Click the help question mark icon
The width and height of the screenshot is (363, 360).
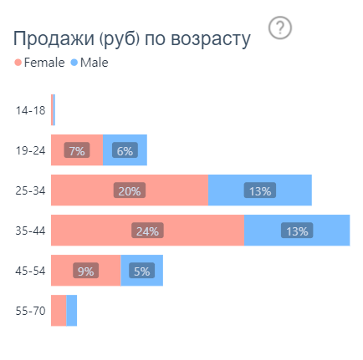click(x=281, y=28)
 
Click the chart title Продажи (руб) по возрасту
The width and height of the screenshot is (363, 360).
click(x=131, y=39)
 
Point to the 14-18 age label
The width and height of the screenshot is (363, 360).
click(x=30, y=110)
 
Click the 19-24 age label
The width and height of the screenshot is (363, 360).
click(x=30, y=150)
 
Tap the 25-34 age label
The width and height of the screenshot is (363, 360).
click(x=30, y=190)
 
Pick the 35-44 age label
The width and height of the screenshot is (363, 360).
click(x=30, y=231)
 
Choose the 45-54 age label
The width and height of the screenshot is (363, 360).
click(x=30, y=271)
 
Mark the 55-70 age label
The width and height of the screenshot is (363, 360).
click(x=30, y=311)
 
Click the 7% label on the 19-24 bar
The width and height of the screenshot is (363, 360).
click(x=77, y=151)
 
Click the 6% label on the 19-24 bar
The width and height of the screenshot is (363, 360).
click(x=125, y=151)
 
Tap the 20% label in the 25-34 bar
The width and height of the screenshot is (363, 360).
click(x=130, y=191)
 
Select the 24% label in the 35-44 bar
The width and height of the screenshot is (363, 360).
click(x=147, y=231)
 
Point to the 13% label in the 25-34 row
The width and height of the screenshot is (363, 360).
click(x=259, y=191)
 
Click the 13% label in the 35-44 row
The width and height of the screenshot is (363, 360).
click(x=296, y=231)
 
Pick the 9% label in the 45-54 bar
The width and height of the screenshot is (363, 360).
click(x=85, y=271)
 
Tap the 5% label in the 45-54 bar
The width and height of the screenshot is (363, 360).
click(x=141, y=271)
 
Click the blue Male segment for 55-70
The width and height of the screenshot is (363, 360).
click(x=72, y=311)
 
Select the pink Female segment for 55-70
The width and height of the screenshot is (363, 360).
click(x=59, y=311)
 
